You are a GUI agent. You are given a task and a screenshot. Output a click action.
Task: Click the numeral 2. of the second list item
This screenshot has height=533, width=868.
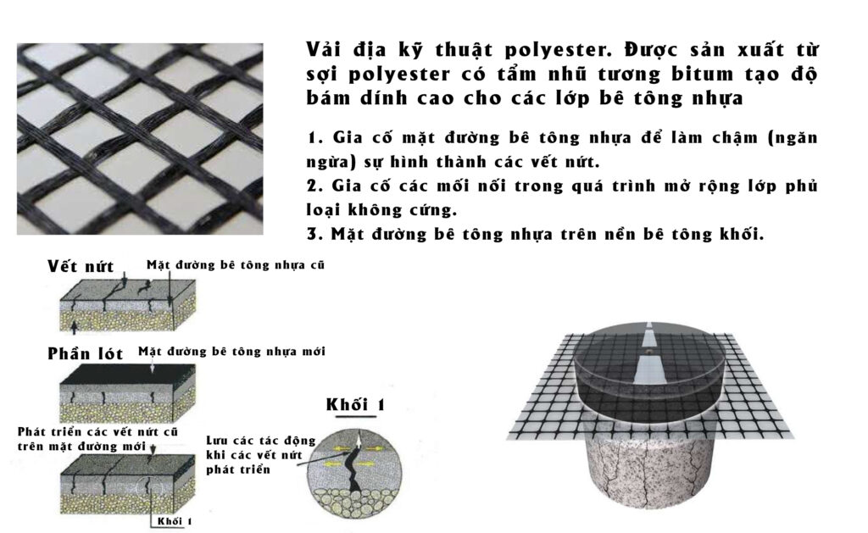coord(315,186)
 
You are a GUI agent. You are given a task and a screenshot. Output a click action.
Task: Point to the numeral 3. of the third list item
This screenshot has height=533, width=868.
coord(315,234)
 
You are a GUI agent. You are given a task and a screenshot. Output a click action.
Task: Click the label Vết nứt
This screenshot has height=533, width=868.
coord(81,266)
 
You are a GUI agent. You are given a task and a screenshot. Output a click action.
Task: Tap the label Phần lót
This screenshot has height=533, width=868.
coord(85,353)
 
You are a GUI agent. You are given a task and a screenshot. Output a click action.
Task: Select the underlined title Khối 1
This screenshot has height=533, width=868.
coord(355,404)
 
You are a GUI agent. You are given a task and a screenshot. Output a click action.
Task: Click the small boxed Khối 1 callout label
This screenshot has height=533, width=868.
coord(175,521)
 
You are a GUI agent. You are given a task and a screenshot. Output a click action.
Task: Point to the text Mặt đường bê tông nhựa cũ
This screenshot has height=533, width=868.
coord(236,265)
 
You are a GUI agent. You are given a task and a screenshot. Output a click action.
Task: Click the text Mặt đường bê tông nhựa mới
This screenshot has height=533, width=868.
coord(232,352)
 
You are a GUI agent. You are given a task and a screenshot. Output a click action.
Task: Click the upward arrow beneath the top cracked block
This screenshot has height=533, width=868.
coord(75,326)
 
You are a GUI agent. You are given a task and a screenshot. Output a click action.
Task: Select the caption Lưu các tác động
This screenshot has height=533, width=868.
coord(261,441)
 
